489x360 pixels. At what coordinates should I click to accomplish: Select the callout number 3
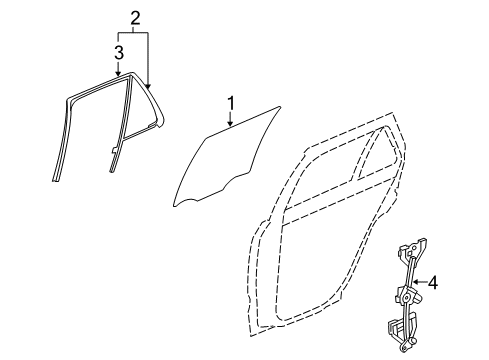(118, 51)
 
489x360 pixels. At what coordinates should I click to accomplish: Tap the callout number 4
(433, 284)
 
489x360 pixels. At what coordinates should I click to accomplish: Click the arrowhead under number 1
(230, 127)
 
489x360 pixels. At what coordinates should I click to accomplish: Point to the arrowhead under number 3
(118, 75)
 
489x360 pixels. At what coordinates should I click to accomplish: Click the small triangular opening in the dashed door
(374, 160)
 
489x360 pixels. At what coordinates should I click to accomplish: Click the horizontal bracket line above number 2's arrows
(134, 32)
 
